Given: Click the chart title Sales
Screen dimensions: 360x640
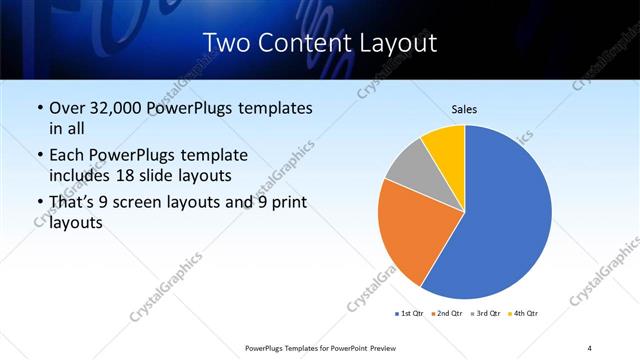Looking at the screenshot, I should coord(465,109).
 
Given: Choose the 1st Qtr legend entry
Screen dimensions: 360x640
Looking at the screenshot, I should coord(409,314).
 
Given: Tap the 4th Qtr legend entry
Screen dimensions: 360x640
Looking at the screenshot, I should coord(524,314).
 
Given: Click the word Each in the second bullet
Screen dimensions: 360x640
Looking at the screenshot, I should coord(67,155).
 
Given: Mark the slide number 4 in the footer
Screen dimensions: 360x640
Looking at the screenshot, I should coord(589,347).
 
